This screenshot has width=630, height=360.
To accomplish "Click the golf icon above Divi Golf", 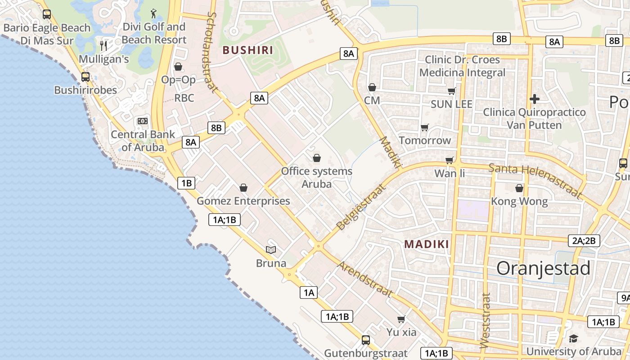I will [153, 13].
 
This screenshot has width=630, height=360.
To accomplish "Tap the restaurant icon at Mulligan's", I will [103, 45].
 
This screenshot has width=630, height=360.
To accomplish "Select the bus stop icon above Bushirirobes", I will [85, 76].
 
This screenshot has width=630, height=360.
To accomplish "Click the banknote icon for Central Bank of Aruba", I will [143, 121].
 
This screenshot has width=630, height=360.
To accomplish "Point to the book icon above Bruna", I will [271, 249].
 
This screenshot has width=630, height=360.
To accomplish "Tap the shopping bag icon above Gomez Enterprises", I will [243, 187].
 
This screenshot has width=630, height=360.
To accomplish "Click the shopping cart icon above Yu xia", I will [401, 319].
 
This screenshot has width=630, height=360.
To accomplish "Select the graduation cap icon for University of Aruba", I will [573, 338].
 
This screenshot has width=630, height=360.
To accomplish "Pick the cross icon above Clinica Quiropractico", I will [535, 99].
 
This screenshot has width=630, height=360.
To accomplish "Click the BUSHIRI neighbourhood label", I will [248, 50].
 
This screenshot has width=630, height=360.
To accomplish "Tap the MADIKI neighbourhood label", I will [427, 244].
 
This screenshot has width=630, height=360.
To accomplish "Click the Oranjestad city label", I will [543, 268].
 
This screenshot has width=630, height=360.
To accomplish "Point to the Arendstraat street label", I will [365, 279].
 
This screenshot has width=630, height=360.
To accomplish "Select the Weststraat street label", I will [485, 320].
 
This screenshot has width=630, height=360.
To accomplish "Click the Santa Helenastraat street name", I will [535, 180].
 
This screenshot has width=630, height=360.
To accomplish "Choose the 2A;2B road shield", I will [584, 241].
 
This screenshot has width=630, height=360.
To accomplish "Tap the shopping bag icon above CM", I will [372, 87].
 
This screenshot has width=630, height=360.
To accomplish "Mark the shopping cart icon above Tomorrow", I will [424, 127].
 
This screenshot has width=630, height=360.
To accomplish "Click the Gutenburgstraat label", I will [366, 353].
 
